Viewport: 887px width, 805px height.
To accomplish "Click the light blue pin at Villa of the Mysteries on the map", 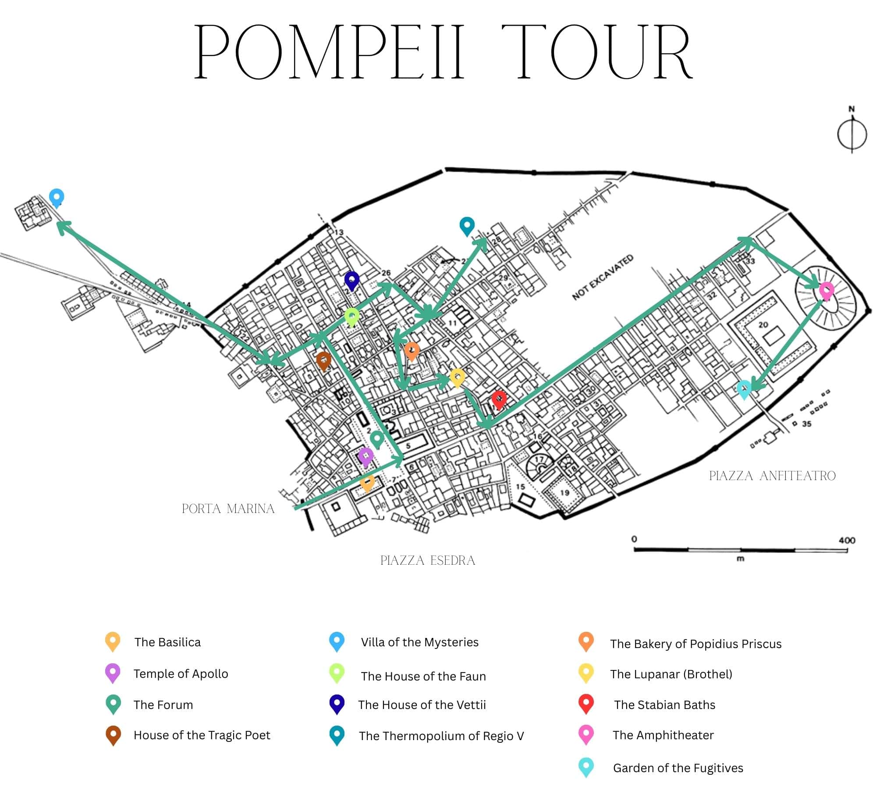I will click(x=57, y=197).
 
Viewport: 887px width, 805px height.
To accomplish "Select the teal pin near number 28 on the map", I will click(x=467, y=225).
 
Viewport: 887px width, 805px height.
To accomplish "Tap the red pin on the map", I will click(x=498, y=399).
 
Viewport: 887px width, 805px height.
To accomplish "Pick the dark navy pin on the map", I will click(x=351, y=280).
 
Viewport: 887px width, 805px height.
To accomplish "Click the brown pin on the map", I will click(x=324, y=360).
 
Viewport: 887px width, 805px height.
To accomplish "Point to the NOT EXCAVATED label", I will click(x=602, y=277).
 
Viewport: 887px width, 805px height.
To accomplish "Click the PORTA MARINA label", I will click(x=228, y=509).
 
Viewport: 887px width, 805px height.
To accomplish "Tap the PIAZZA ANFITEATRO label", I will click(x=772, y=476).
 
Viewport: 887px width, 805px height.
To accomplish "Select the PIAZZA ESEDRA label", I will click(x=428, y=560).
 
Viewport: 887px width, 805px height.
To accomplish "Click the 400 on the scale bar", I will click(x=847, y=540).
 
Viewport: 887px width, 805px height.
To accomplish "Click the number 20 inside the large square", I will click(x=763, y=325).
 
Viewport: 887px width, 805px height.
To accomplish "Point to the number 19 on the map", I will click(x=564, y=492).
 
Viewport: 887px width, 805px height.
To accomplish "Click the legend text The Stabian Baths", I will click(x=664, y=705).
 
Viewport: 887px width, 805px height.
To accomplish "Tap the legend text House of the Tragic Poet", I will click(x=202, y=735).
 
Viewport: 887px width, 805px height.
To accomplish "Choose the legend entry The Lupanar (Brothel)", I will click(x=671, y=674).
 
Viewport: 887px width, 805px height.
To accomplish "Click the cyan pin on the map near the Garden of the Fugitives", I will click(x=744, y=388).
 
